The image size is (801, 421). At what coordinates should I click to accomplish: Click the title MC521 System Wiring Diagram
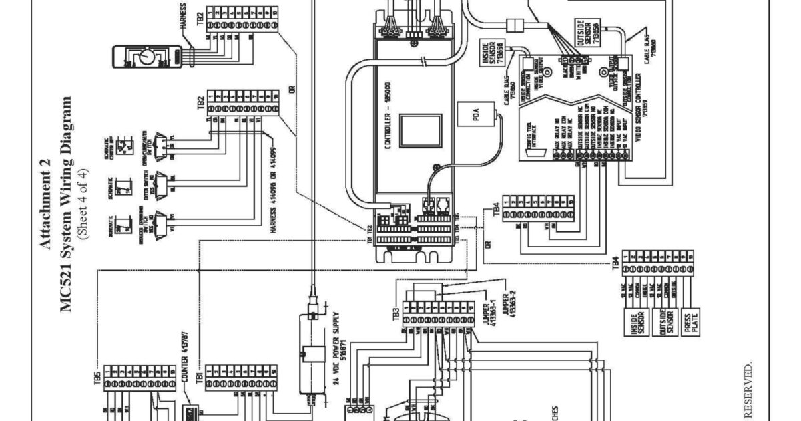(65, 204)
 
